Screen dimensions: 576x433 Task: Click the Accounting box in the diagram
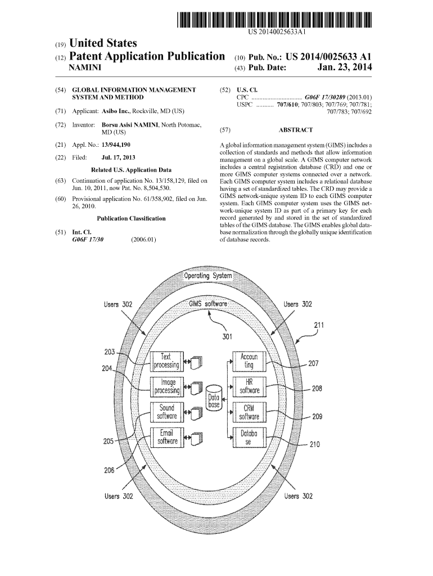[x=249, y=361]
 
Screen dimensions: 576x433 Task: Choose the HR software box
[x=249, y=386]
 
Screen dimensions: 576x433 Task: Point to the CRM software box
[x=249, y=412]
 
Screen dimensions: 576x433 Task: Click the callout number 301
[x=227, y=337]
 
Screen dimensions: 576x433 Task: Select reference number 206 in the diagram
[x=109, y=470]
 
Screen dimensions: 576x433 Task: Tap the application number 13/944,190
[x=116, y=145]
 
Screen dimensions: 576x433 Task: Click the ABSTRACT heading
[x=295, y=130]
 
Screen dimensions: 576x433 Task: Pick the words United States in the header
[x=102, y=43]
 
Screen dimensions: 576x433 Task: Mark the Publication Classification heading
[x=131, y=218]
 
